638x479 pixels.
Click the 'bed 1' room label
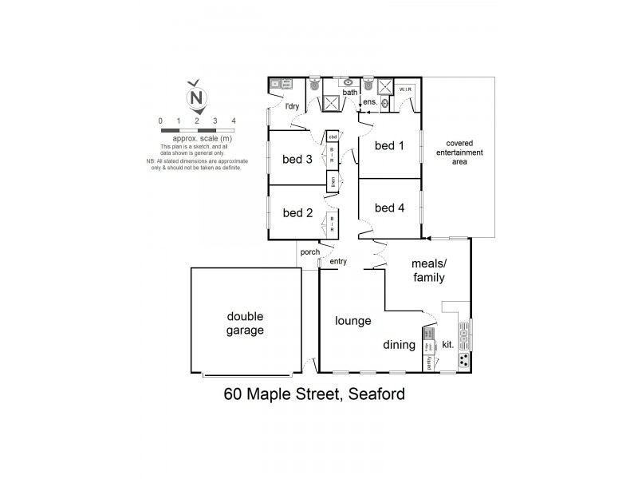coord(389,145)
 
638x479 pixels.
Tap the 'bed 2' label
coord(297,213)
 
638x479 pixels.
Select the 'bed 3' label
coord(297,158)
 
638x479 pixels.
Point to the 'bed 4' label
coord(389,208)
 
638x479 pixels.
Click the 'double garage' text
coord(244,323)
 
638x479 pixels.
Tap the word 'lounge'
coord(352,321)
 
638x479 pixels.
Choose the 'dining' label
coord(400,345)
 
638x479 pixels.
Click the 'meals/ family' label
coord(427,270)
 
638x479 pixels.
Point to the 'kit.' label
coord(447,346)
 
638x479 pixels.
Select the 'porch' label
coord(309,252)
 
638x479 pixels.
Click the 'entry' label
coord(338,261)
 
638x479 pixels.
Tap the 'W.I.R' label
coord(404,90)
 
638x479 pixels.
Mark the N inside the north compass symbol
coord(196,99)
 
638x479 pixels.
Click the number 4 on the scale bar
coord(234,121)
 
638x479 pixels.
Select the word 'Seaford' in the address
coord(373,394)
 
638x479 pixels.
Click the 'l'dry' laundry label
coord(291,106)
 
